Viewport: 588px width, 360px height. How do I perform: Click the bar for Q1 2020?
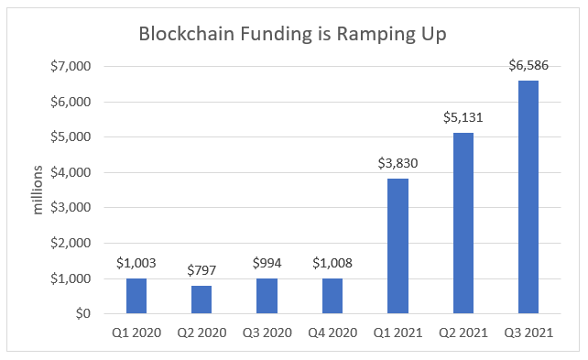coord(136,296)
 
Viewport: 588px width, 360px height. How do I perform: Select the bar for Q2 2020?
coord(201,300)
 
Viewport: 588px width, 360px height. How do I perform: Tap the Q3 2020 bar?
coord(267,296)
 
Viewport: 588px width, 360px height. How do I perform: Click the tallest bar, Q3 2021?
coord(528,197)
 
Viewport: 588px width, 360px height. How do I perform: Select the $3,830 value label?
coord(397,163)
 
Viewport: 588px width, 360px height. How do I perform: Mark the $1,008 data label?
coord(332,263)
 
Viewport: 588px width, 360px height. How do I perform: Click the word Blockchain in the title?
coord(181,35)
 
